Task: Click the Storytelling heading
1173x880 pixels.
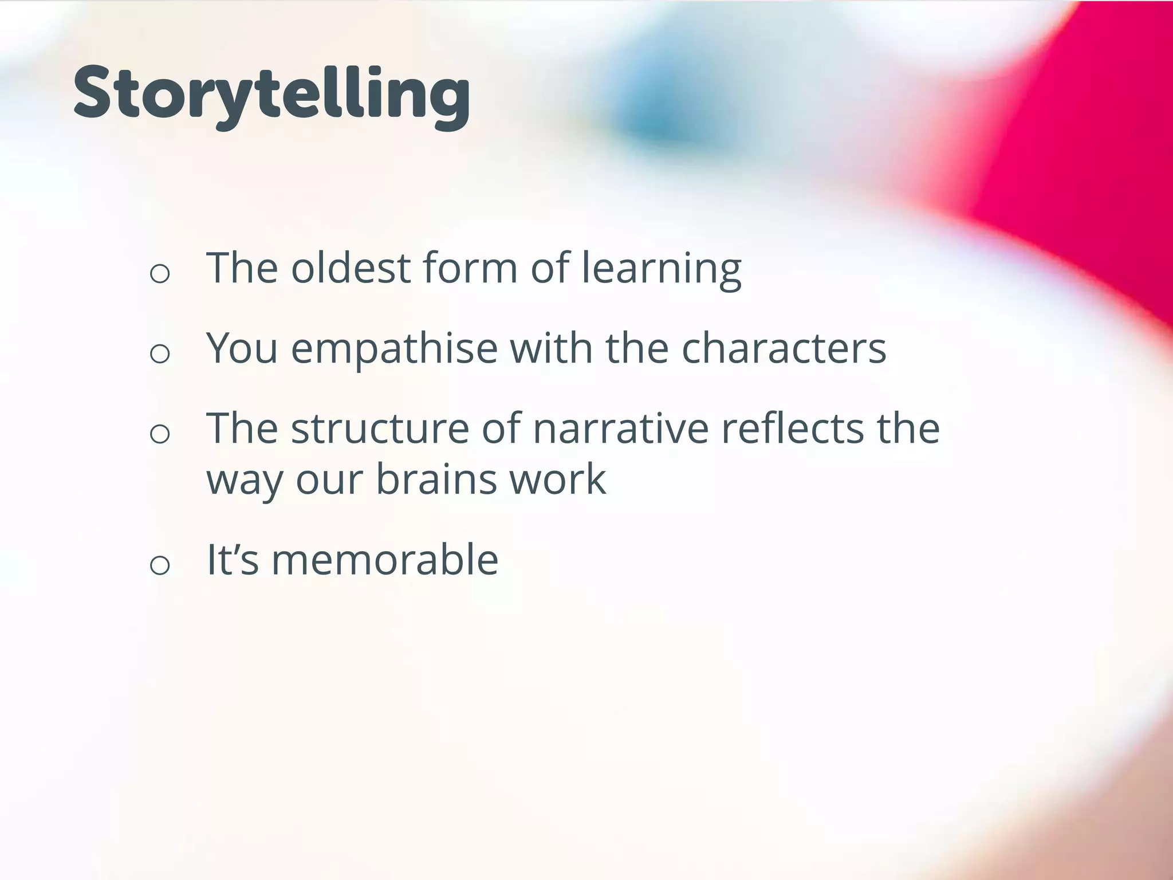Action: (x=272, y=95)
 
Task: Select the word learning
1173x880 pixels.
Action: (x=662, y=268)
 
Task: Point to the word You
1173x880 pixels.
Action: (x=242, y=348)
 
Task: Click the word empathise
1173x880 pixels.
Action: (x=394, y=349)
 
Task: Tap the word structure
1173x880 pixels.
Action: (x=380, y=428)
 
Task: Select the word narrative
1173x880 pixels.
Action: (x=621, y=428)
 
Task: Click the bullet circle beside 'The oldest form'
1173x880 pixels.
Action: (x=160, y=273)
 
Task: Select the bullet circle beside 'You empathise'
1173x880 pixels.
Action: (x=160, y=353)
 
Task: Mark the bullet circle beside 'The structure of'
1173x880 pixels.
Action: (x=160, y=434)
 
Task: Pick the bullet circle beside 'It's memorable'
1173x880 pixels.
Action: (x=160, y=565)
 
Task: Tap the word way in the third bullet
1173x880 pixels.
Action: (x=244, y=480)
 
